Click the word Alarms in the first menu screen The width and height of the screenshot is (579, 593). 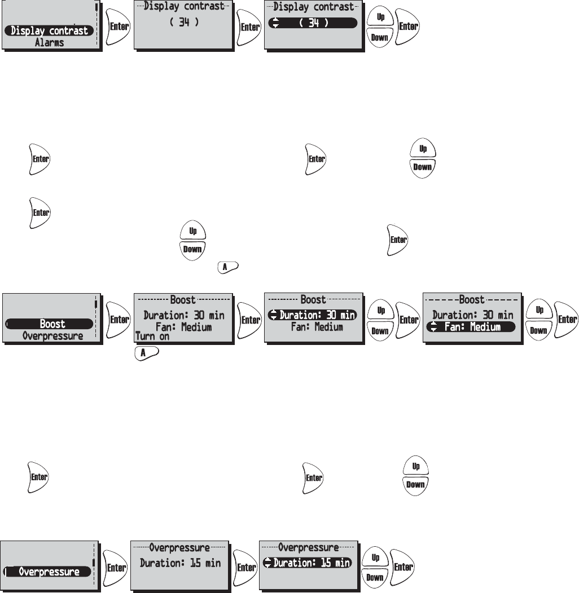[49, 42]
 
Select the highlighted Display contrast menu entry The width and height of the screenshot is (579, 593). [49, 30]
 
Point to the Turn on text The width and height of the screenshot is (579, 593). [152, 337]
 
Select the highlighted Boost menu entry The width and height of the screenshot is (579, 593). [52, 324]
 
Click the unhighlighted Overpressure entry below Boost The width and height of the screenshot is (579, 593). [52, 335]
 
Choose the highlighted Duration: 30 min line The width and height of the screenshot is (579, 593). [313, 315]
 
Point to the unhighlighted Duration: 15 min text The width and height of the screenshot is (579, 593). [180, 563]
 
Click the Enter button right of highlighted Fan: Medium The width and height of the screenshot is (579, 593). [566, 320]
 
